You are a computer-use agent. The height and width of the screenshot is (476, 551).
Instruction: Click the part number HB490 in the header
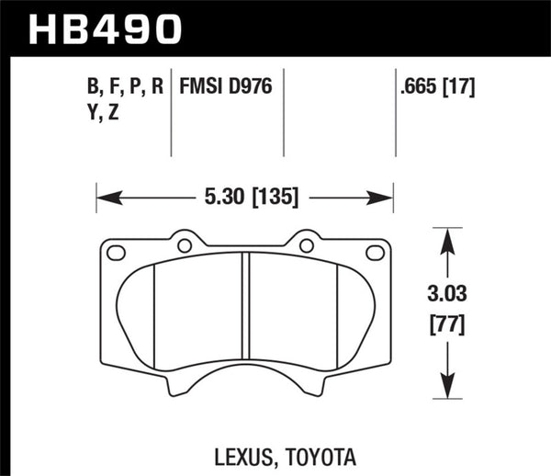pos(103,28)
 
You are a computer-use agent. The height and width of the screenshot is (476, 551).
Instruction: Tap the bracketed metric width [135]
pos(270,197)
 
